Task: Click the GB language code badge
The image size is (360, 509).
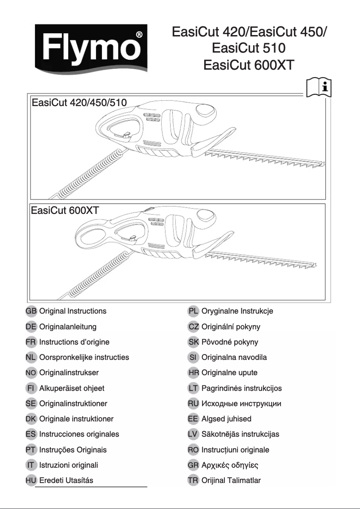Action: click(x=31, y=311)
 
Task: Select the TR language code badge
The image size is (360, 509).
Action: click(x=193, y=480)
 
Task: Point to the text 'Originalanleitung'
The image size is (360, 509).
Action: click(x=68, y=327)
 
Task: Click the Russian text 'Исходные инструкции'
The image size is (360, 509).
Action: click(x=241, y=403)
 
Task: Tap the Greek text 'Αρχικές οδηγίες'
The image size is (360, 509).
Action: click(x=229, y=465)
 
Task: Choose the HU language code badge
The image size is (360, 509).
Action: click(x=31, y=480)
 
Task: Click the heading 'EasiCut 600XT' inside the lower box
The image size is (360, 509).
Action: click(x=65, y=210)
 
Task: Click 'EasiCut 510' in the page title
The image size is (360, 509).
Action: click(x=249, y=48)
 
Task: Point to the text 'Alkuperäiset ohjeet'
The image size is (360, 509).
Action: click(x=72, y=388)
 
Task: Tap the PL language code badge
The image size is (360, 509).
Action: click(x=193, y=311)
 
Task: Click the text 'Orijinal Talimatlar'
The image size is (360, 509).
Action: click(x=231, y=480)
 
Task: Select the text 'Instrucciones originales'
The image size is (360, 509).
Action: click(x=79, y=434)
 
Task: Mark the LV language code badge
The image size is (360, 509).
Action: click(x=193, y=434)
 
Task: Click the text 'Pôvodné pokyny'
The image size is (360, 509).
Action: click(x=230, y=342)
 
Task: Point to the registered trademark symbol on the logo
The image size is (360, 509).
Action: click(x=139, y=34)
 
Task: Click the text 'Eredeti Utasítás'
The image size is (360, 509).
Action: click(x=66, y=480)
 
